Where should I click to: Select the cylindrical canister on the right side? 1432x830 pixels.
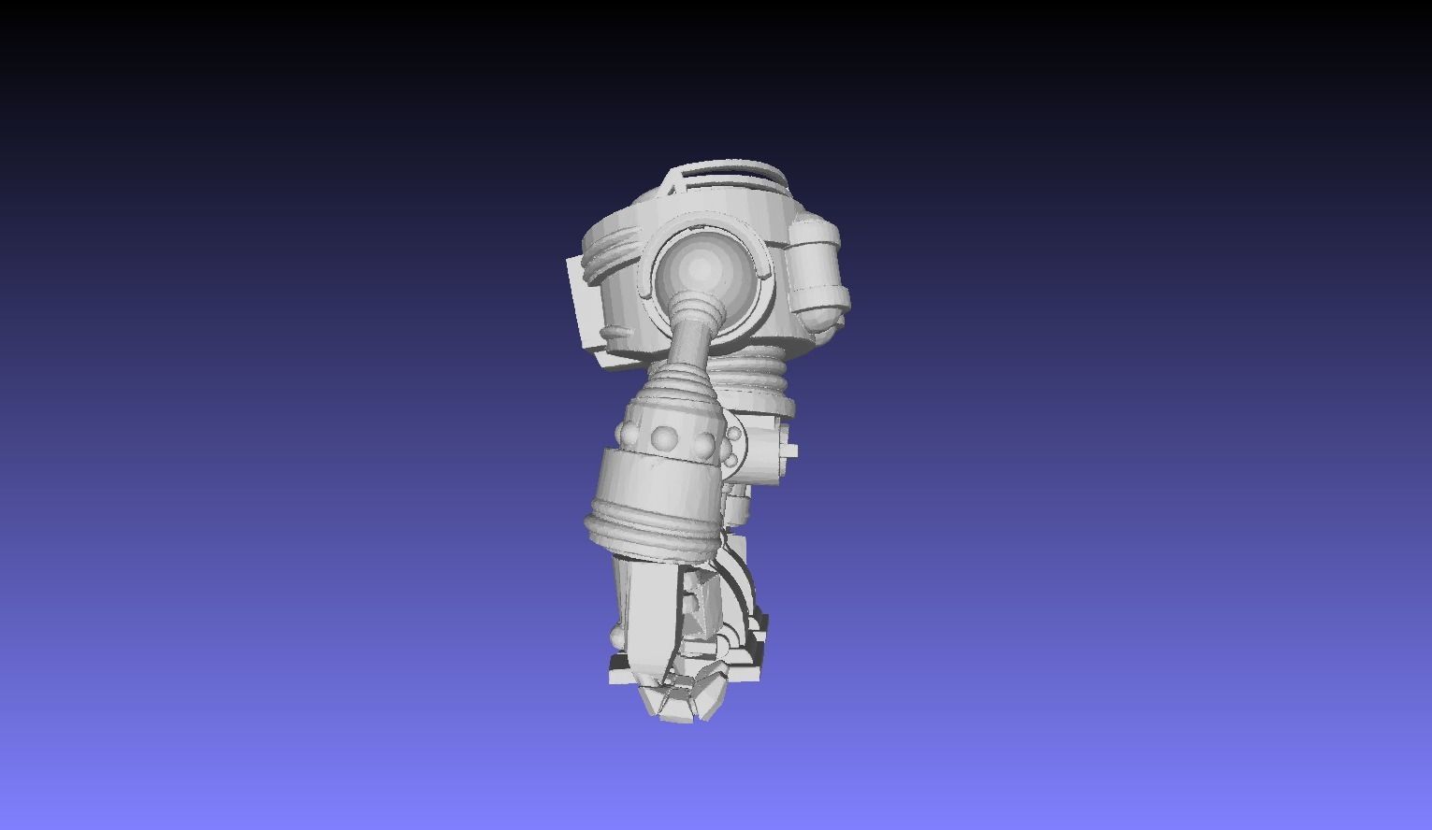point(818,266)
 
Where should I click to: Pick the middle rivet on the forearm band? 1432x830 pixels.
point(665,436)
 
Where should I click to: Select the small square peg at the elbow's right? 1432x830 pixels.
point(791,450)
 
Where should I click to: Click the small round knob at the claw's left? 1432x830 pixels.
point(615,637)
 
